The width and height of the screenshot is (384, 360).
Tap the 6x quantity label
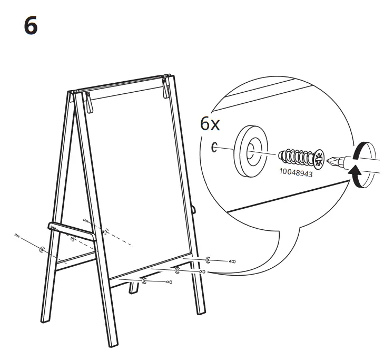(x=211, y=124)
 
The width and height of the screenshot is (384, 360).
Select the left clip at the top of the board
(x=88, y=102)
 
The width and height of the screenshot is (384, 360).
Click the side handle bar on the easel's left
(x=71, y=230)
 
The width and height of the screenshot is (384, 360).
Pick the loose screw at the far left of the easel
(x=18, y=235)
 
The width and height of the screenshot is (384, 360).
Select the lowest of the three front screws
(x=168, y=283)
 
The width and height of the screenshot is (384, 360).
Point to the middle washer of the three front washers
(x=178, y=271)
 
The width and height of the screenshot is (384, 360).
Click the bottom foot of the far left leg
(x=46, y=318)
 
